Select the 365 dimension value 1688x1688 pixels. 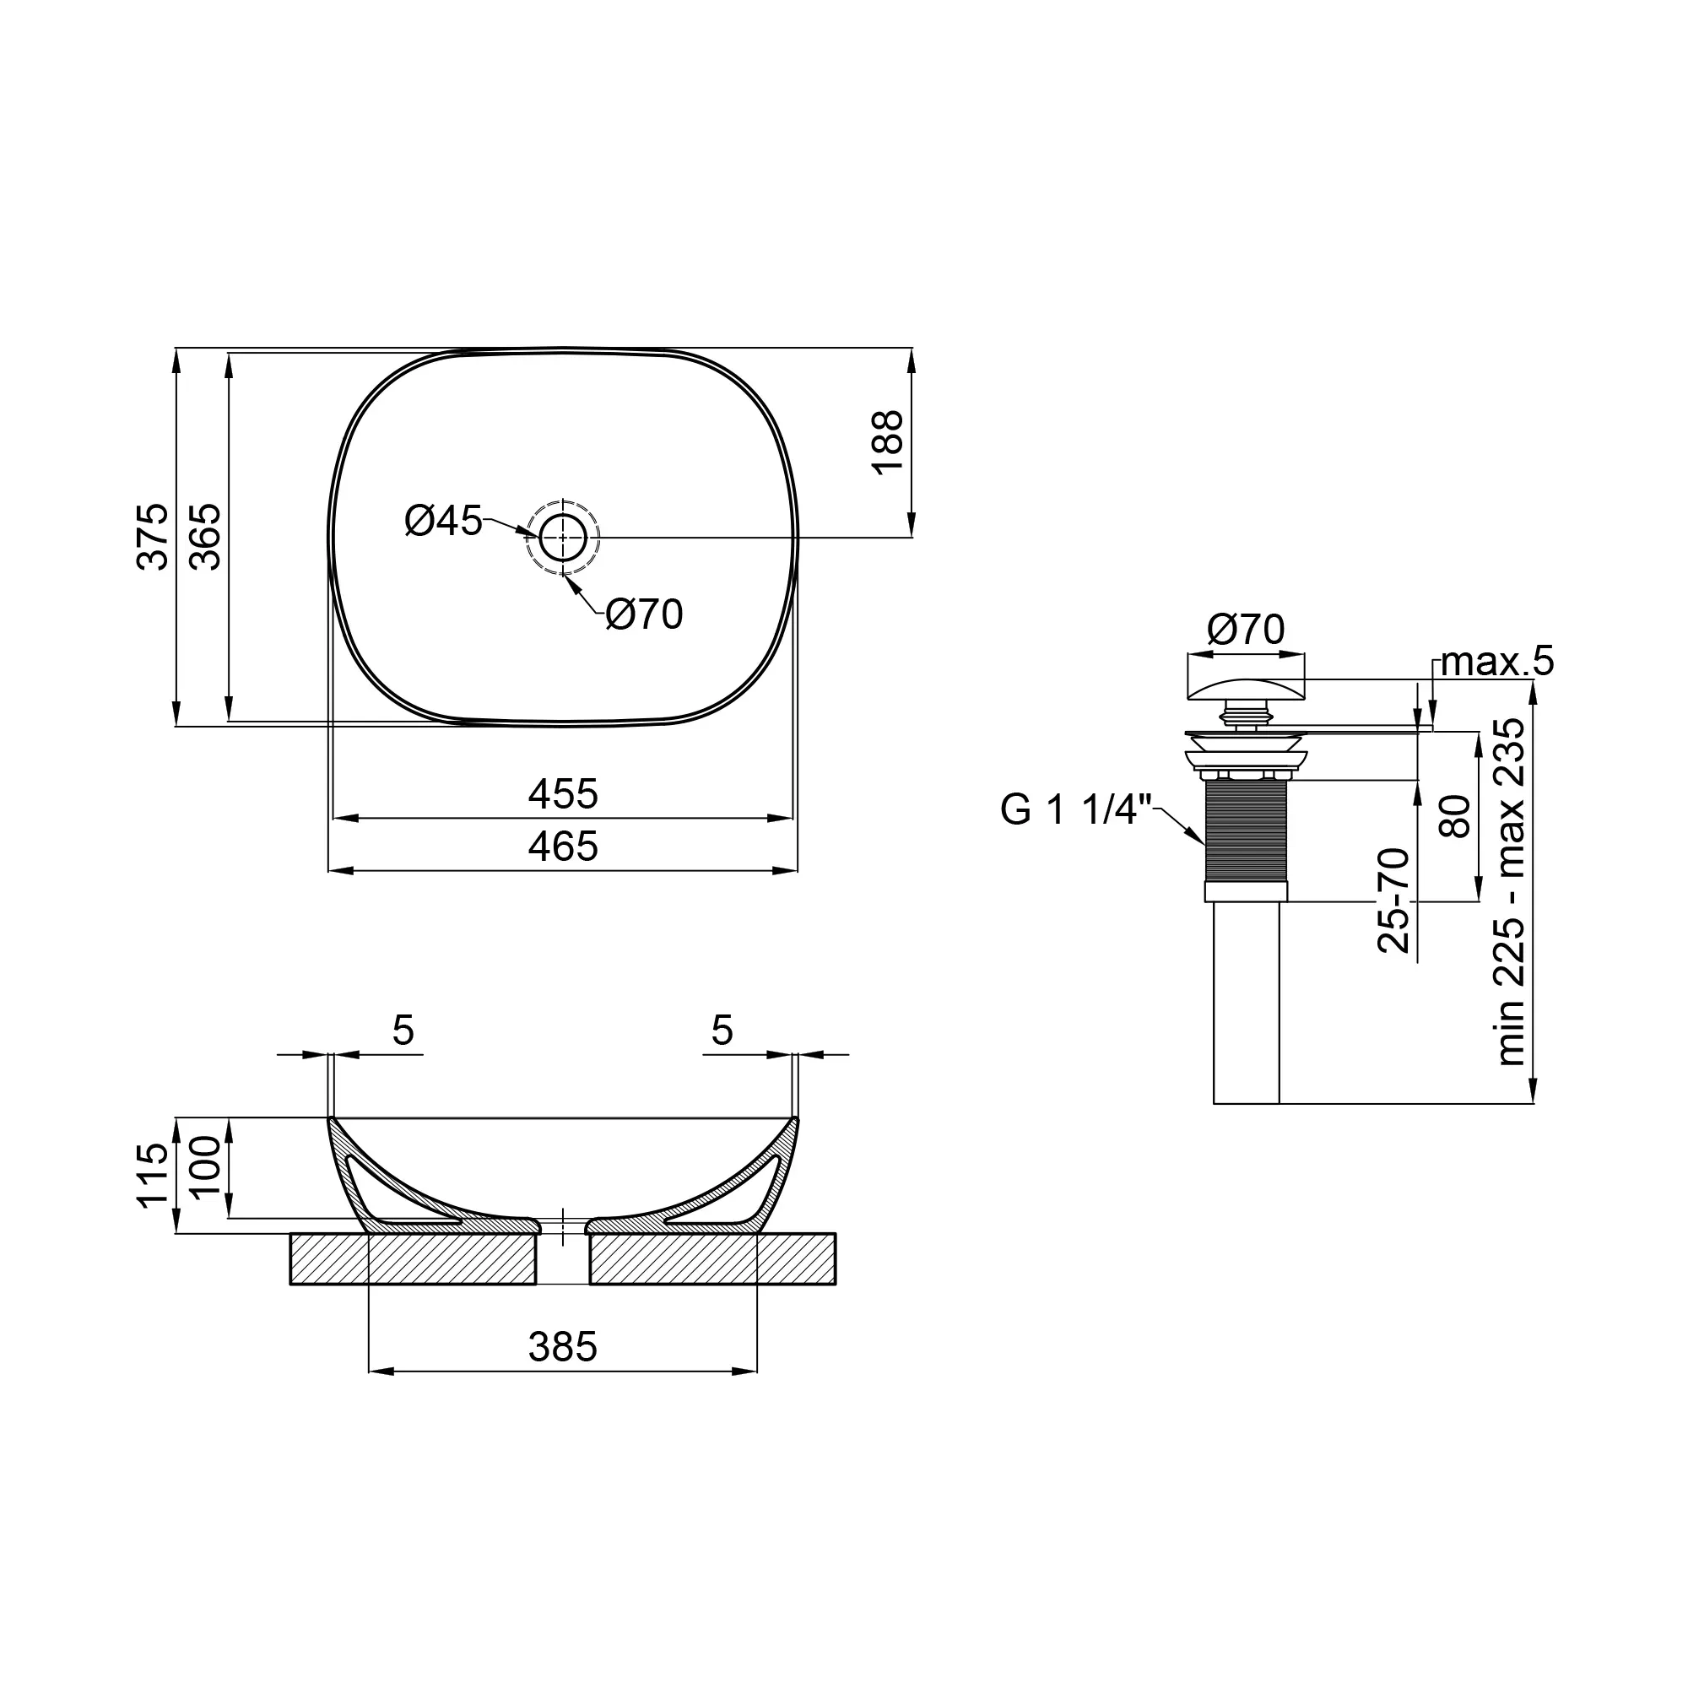click(205, 537)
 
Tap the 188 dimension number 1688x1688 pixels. click(889, 442)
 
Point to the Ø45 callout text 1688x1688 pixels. click(444, 522)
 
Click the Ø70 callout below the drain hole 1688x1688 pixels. click(645, 614)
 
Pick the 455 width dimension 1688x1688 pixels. click(564, 794)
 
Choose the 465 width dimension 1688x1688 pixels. click(564, 847)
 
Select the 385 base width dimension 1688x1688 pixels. click(564, 1347)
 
